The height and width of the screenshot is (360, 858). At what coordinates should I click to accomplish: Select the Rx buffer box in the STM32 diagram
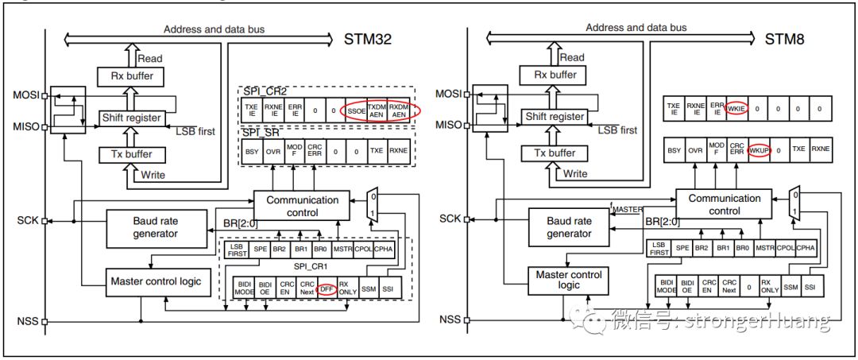[x=131, y=76]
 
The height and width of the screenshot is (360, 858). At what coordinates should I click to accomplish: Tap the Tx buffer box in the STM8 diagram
[x=554, y=153]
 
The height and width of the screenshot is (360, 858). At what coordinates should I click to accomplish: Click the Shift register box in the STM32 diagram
[x=131, y=118]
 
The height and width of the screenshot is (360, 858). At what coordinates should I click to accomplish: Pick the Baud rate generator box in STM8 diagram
[x=569, y=227]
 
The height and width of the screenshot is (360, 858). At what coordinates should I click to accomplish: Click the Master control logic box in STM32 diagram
[x=156, y=281]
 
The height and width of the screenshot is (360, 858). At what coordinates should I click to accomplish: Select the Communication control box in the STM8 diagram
[x=724, y=205]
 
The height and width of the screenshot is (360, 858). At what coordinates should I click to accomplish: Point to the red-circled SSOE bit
[x=354, y=111]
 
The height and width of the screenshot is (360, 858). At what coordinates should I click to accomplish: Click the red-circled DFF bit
[x=326, y=290]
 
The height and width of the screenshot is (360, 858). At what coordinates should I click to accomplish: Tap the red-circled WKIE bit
[x=738, y=108]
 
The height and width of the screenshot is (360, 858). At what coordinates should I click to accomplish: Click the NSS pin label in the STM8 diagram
[x=450, y=320]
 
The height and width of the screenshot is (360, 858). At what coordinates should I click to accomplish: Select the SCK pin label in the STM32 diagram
[x=26, y=220]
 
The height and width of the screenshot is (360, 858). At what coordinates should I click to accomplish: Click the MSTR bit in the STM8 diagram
[x=763, y=248]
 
